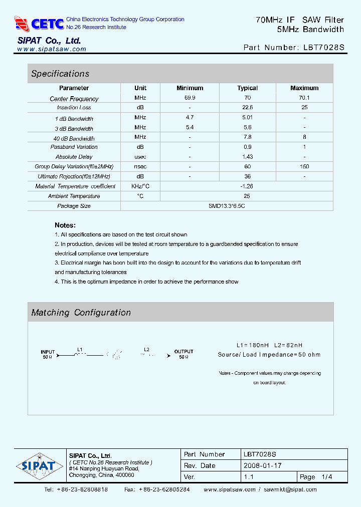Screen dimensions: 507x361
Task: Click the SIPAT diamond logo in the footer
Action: tap(38, 465)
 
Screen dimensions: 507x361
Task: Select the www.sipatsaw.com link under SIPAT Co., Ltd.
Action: tap(52, 49)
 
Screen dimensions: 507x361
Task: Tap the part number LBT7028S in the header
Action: tap(324, 48)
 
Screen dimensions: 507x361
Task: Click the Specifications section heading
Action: tap(60, 74)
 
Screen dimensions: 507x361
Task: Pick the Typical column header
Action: tap(247, 88)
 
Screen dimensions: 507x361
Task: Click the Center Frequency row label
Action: tap(74, 99)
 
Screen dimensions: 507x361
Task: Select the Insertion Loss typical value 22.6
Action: tap(247, 108)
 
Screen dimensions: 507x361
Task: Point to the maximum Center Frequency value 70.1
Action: tap(304, 98)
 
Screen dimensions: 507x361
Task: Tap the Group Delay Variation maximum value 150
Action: tap(304, 166)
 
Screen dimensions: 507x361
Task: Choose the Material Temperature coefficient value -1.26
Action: tap(247, 186)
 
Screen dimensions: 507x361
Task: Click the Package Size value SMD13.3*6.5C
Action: tap(227, 206)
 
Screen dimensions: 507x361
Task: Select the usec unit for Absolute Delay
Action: tap(140, 157)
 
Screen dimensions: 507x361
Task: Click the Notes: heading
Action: tap(65, 225)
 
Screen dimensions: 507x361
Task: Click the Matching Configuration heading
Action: tap(81, 313)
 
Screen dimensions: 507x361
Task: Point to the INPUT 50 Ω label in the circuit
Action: tap(48, 354)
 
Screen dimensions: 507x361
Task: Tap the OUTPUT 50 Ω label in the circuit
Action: tap(184, 354)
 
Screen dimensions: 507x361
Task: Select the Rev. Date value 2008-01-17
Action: tap(262, 465)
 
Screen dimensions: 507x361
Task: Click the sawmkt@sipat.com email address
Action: tap(290, 489)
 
